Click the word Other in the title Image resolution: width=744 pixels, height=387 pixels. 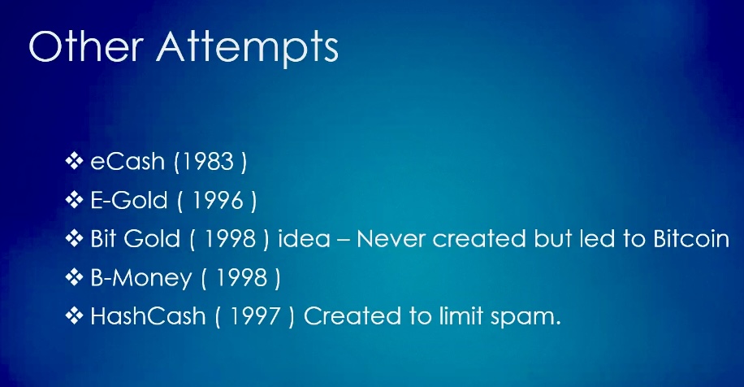coord(86,46)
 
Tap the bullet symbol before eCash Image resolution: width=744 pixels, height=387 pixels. coord(74,161)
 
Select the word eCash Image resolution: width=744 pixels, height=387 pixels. coord(128,162)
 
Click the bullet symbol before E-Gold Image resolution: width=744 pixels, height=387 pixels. coord(74,200)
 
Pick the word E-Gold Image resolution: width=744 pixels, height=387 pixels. coord(128,200)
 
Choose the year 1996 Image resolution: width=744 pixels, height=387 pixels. coord(218,200)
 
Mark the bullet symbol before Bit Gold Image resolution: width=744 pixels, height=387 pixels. coord(74,238)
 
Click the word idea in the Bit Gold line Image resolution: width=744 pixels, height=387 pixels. coord(304,239)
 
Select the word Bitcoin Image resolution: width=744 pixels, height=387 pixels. coord(691,239)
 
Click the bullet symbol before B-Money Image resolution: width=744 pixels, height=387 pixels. coord(74,277)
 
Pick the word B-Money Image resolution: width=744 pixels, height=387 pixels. coord(141,278)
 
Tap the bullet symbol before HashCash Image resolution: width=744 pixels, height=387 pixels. coord(74,315)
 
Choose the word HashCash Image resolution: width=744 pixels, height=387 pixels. coord(148,316)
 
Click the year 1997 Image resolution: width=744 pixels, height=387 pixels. coord(255,316)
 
